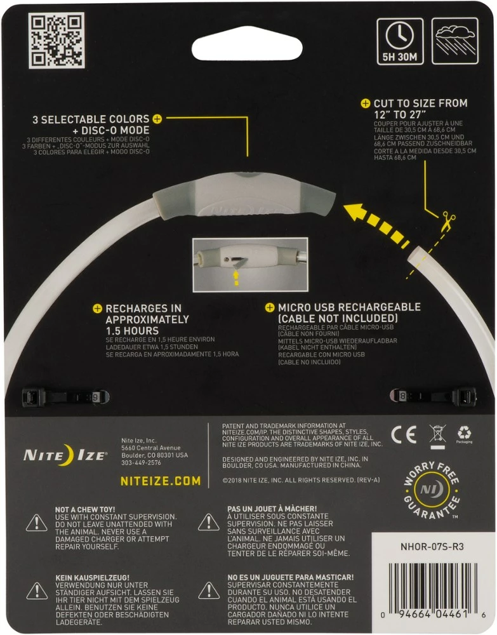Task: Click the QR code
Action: [x=56, y=40]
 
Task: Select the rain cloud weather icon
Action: [x=454, y=41]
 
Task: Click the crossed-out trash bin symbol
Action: [x=437, y=435]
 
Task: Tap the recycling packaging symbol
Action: [x=464, y=434]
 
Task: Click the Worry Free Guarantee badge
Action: [x=432, y=491]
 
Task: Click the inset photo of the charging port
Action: [x=250, y=256]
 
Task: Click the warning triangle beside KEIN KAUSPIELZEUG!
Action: [x=36, y=591]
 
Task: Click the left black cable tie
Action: [x=63, y=396]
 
